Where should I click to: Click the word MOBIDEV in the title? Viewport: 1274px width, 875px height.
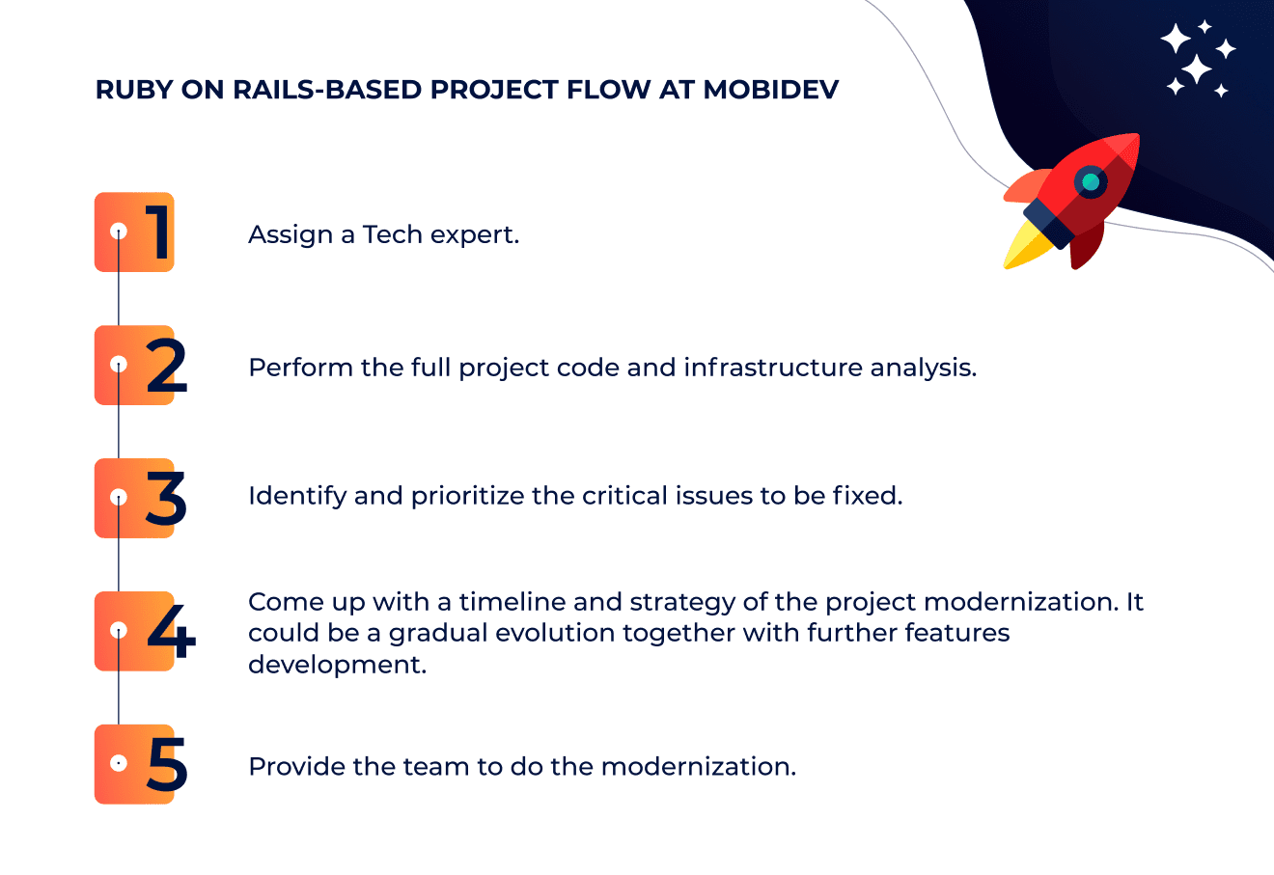(x=770, y=90)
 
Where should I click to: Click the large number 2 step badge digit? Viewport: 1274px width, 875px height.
(x=166, y=365)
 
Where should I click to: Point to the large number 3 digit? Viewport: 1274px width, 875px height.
(x=165, y=498)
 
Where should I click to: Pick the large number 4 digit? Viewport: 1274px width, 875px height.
(x=171, y=631)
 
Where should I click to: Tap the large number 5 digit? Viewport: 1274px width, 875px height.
(x=167, y=764)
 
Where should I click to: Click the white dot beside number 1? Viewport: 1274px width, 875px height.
(x=119, y=232)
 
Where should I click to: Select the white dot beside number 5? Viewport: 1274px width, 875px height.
(x=119, y=763)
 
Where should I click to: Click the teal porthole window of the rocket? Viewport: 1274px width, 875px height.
(x=1091, y=182)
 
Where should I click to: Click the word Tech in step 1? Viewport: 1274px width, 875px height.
(x=393, y=234)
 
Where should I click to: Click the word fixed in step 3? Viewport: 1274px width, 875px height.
(x=868, y=496)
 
